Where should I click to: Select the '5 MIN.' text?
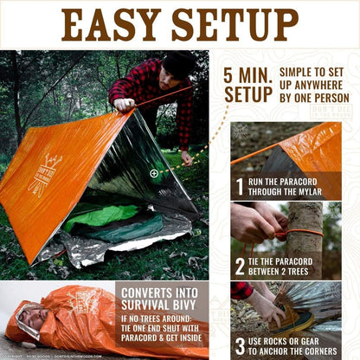(x=247, y=74)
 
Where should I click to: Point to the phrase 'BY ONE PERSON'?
(x=312, y=97)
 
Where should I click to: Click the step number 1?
(x=241, y=185)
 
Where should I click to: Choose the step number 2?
(x=241, y=266)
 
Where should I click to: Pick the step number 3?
(x=241, y=345)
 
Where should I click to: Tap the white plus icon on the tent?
(x=154, y=173)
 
